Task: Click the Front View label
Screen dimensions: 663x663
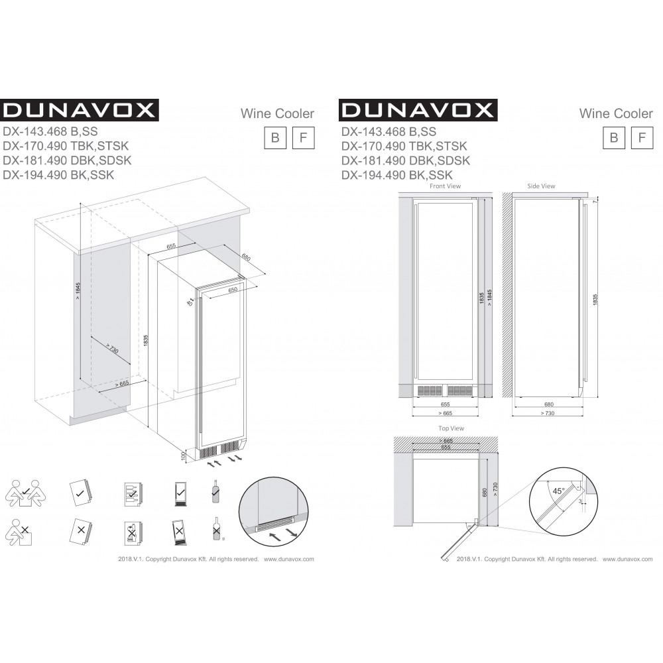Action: (445, 186)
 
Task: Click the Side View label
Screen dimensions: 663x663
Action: (541, 186)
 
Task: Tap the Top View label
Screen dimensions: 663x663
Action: (452, 428)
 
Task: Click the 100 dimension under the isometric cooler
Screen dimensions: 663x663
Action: (182, 457)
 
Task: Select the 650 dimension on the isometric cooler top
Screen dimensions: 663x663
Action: (233, 290)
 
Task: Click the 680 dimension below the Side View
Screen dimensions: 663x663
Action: (548, 404)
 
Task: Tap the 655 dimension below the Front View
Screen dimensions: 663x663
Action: (445, 404)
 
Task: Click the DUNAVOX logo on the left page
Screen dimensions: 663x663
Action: (78, 109)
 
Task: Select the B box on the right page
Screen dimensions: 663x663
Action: (614, 137)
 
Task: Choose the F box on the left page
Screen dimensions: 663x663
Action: (303, 137)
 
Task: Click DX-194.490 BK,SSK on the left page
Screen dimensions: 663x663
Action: (59, 175)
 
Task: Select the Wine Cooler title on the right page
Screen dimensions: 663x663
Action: (616, 114)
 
